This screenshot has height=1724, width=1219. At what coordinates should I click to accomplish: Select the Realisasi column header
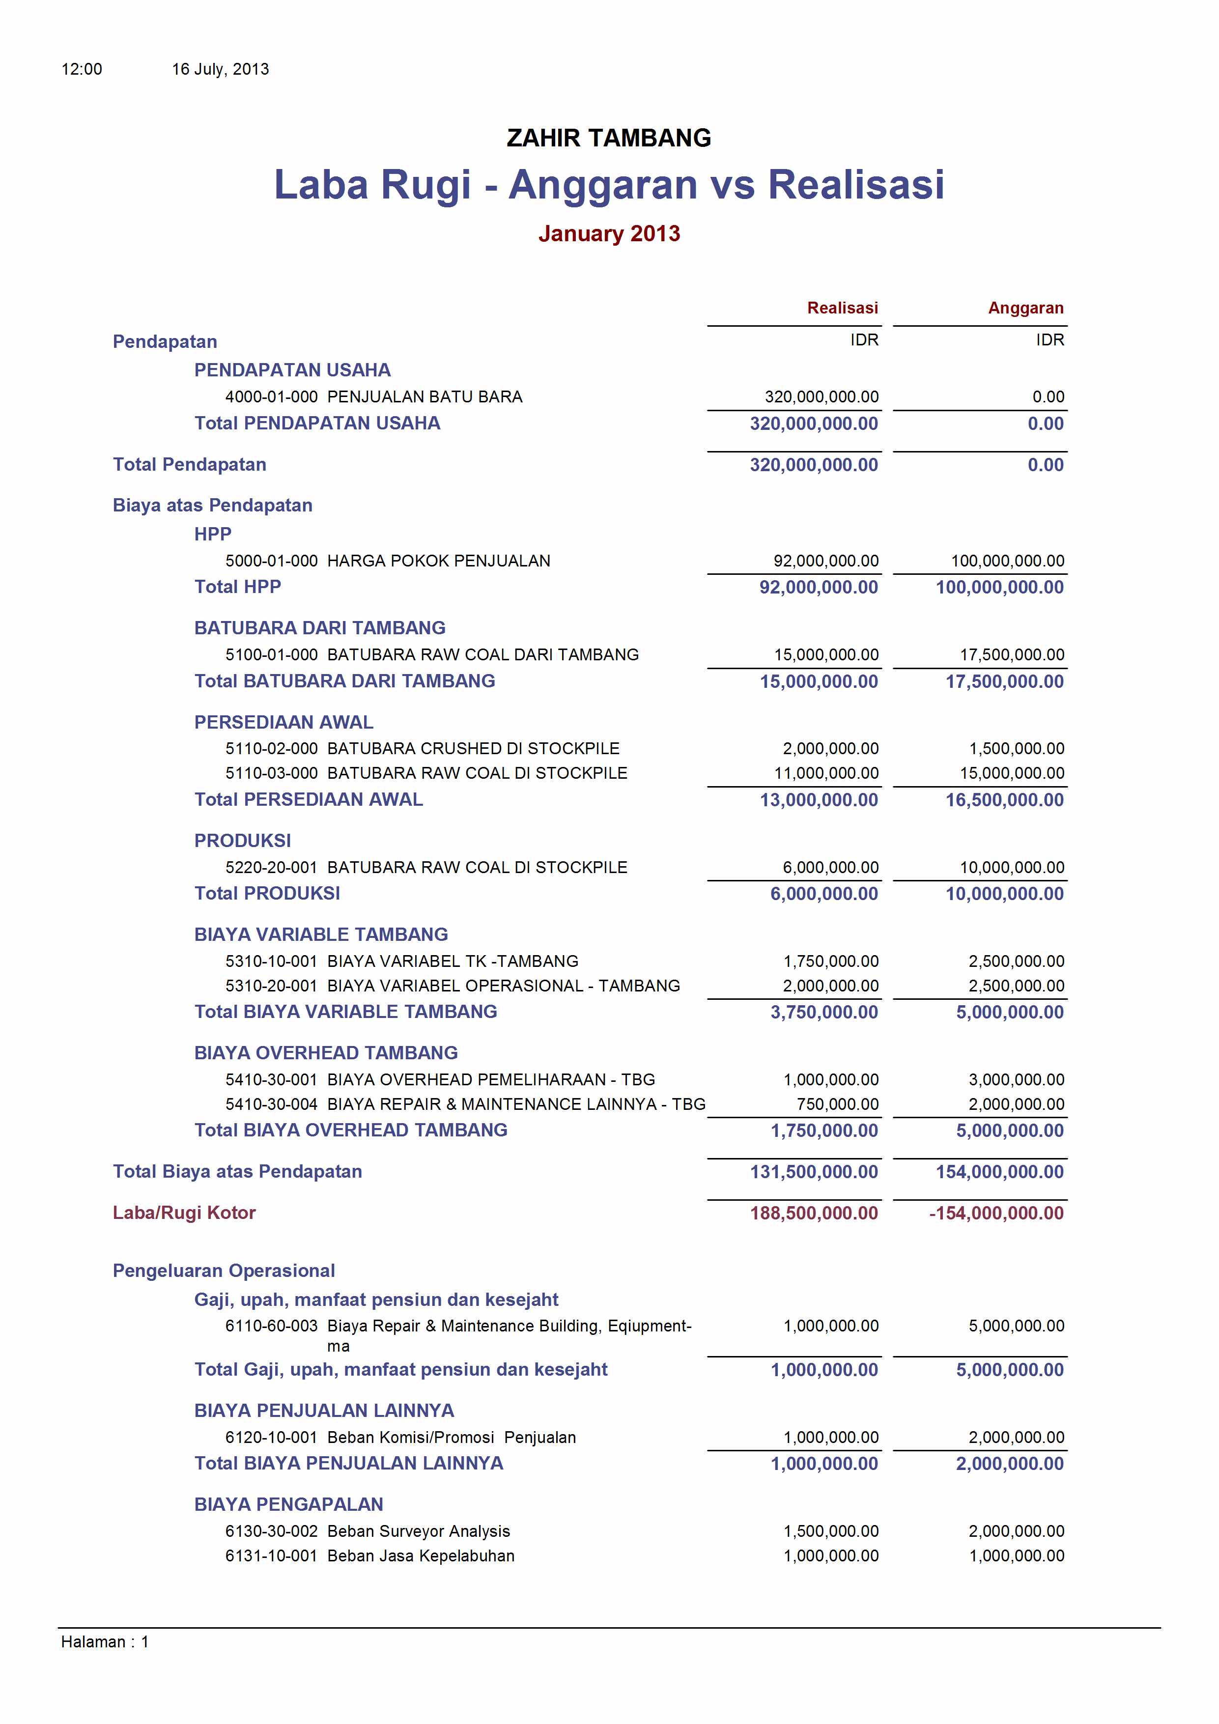[x=842, y=308]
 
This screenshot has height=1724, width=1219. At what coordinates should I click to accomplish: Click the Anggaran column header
[x=1025, y=308]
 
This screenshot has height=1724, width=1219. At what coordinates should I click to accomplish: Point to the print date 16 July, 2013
[x=220, y=69]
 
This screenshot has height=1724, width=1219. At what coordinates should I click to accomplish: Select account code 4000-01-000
[x=271, y=396]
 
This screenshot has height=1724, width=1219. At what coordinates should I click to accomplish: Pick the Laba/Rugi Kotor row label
[x=184, y=1213]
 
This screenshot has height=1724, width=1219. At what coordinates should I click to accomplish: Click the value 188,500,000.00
[x=814, y=1213]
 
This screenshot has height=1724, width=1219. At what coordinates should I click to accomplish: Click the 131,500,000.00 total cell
[x=814, y=1171]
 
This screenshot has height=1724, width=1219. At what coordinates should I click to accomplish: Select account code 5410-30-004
[x=271, y=1104]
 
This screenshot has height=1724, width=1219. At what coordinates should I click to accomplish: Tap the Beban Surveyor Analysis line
[x=418, y=1531]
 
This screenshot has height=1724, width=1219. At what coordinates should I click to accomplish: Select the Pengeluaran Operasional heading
[x=224, y=1271]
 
